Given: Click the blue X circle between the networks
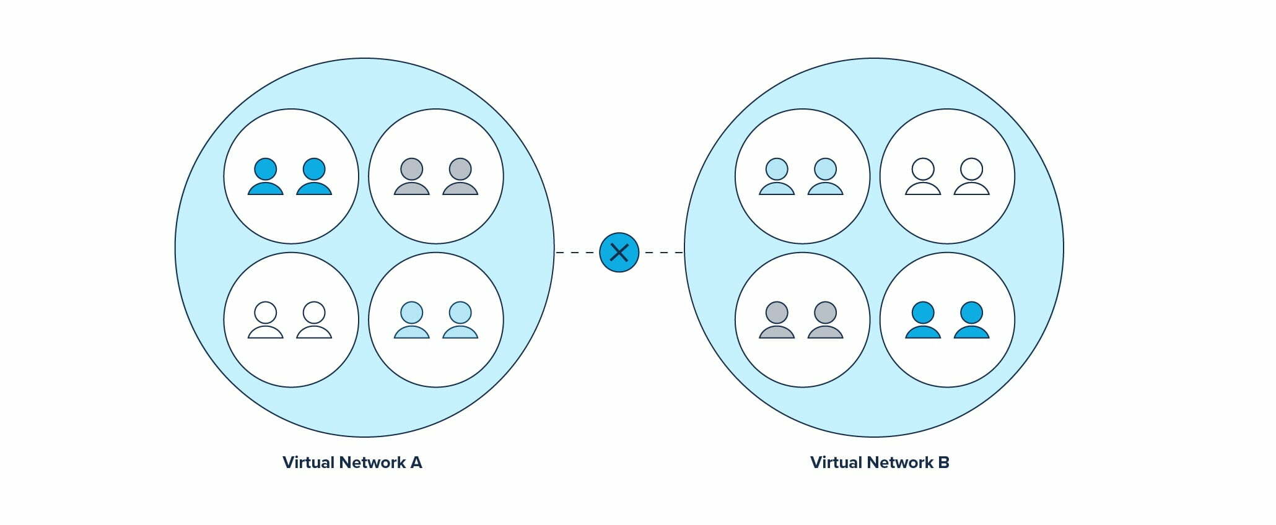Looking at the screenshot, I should pyautogui.click(x=619, y=253).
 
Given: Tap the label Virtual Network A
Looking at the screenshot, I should pyautogui.click(x=352, y=462).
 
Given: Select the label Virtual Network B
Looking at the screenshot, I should pyautogui.click(x=880, y=462).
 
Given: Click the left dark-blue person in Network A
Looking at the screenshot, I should pyautogui.click(x=266, y=178).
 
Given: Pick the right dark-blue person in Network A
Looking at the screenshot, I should pyautogui.click(x=314, y=178).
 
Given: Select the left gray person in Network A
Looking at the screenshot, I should pyautogui.click(x=412, y=178).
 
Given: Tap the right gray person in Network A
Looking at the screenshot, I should pyautogui.click(x=460, y=178).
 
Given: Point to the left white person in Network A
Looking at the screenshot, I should pyautogui.click(x=266, y=321).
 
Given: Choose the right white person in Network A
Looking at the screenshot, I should pyautogui.click(x=314, y=321).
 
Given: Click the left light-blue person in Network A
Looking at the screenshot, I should pyautogui.click(x=412, y=321).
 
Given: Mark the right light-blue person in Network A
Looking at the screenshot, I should pyautogui.click(x=460, y=321).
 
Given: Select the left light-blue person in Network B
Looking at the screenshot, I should pyautogui.click(x=777, y=178).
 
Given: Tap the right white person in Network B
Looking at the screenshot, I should pyautogui.click(x=971, y=178).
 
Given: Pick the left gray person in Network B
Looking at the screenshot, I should pyautogui.click(x=777, y=321).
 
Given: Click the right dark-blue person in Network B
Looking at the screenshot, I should pyautogui.click(x=971, y=321).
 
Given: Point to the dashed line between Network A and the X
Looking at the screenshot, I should pyautogui.click(x=576, y=253).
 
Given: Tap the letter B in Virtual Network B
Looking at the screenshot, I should pyautogui.click(x=943, y=462).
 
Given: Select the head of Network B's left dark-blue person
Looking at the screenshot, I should pyautogui.click(x=923, y=313).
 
